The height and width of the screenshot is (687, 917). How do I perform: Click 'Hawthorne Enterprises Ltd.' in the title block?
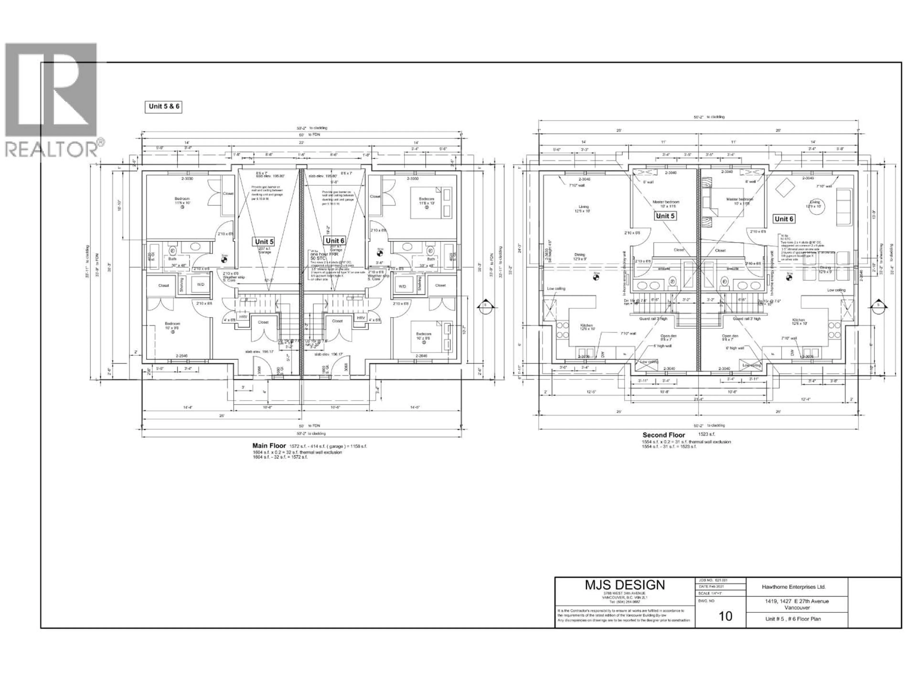pyautogui.click(x=794, y=587)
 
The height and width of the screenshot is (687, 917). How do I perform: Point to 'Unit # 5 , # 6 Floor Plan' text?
pyautogui.click(x=793, y=619)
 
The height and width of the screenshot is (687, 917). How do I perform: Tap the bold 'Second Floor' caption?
pyautogui.click(x=664, y=435)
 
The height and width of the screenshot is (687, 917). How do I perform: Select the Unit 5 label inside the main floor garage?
pyautogui.click(x=264, y=242)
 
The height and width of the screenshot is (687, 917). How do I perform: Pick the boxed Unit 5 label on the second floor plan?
pyautogui.click(x=665, y=216)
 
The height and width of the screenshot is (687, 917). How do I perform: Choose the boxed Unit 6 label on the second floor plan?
pyautogui.click(x=784, y=219)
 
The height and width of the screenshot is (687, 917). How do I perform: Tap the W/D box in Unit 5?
pyautogui.click(x=200, y=285)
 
